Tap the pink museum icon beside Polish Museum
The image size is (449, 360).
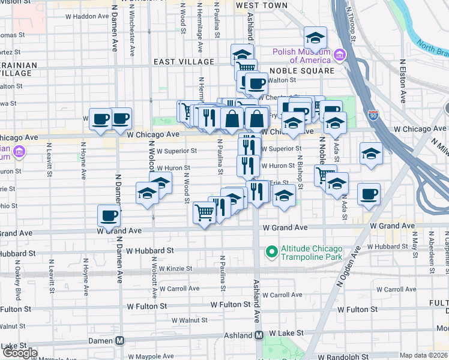339,56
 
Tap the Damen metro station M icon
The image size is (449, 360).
120,340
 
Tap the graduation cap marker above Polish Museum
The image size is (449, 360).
315,38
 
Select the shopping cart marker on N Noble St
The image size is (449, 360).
325,175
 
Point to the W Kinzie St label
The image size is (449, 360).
172,269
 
